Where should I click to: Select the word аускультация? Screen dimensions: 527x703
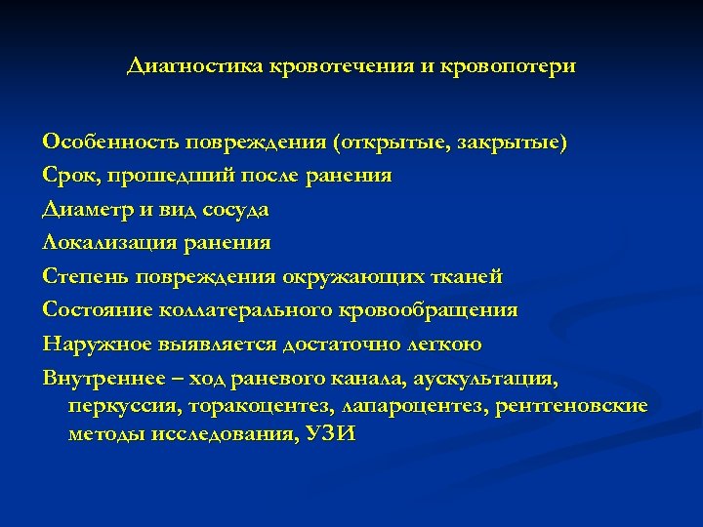coord(493,377)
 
